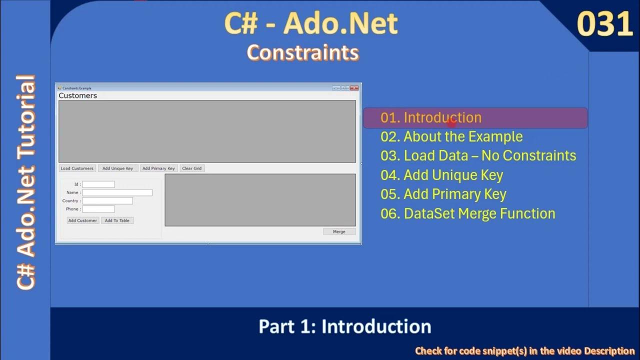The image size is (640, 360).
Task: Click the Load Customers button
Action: [x=77, y=168]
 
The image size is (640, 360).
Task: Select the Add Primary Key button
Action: [x=158, y=168]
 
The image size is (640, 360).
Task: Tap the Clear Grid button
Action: [x=192, y=168]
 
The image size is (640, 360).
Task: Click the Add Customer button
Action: [x=82, y=220]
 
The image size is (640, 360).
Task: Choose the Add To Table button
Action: [x=117, y=220]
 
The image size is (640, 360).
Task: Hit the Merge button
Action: [x=339, y=231]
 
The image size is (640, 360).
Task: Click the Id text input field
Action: [x=98, y=184]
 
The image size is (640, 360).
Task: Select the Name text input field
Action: [x=117, y=192]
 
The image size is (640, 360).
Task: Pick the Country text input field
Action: [x=107, y=201]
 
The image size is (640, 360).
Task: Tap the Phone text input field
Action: [x=98, y=209]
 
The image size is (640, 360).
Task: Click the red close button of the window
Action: [x=354, y=88]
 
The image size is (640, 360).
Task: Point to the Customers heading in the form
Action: [x=78, y=95]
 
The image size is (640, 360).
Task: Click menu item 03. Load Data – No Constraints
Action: [x=478, y=155]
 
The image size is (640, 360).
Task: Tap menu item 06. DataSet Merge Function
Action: [x=467, y=213]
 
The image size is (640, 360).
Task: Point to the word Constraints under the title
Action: [x=303, y=52]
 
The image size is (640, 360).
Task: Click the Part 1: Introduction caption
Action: [x=344, y=326]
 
